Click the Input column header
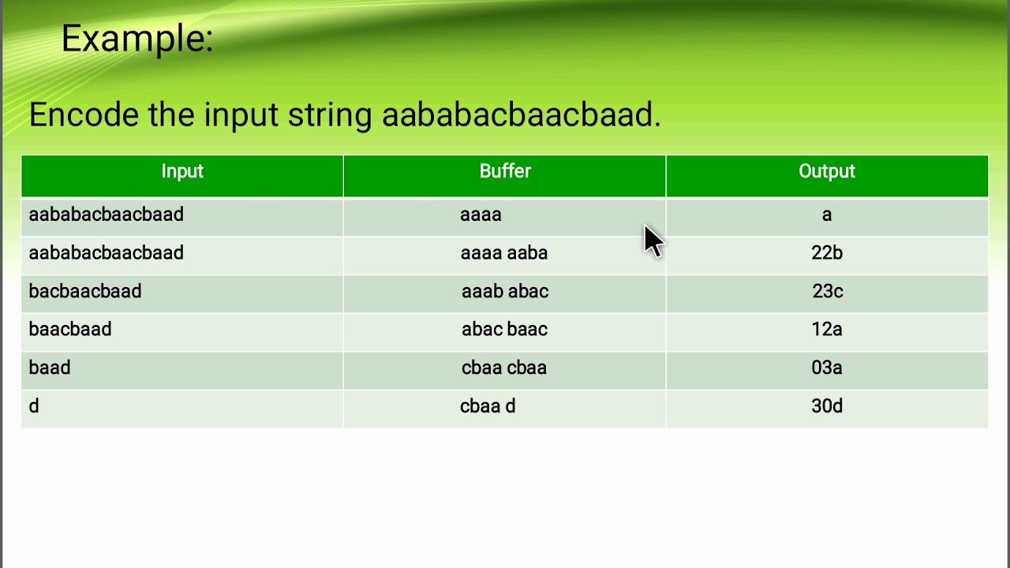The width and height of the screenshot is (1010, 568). point(182,172)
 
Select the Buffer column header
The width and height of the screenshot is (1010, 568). point(505,172)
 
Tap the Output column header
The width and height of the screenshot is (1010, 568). point(827,172)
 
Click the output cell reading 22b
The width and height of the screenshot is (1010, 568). point(827,253)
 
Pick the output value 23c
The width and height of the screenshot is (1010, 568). point(828,292)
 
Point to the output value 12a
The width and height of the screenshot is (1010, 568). point(827,330)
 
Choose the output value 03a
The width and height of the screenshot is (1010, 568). point(827,368)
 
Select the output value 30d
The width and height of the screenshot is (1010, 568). point(827,406)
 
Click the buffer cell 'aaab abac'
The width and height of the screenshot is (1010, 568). point(505,292)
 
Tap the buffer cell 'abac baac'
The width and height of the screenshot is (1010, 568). point(504,330)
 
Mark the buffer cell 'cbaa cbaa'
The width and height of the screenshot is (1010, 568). point(504,368)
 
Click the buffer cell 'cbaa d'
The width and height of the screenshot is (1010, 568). point(488,406)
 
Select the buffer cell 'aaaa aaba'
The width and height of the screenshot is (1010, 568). point(504,253)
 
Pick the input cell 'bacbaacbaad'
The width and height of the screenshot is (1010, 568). point(85,292)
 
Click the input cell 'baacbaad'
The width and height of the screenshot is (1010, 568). point(70,330)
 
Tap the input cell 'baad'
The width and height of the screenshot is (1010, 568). point(50,368)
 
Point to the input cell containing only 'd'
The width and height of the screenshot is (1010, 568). point(34,406)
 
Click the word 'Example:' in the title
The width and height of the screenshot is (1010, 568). point(137,39)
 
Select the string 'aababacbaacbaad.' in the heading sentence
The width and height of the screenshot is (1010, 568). point(521,115)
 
